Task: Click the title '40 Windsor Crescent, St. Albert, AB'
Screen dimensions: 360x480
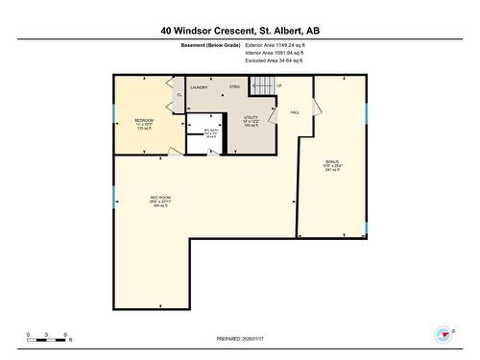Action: pos(240,31)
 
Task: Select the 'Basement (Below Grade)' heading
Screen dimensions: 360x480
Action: pos(210,45)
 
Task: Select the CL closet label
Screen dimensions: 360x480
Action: pos(180,95)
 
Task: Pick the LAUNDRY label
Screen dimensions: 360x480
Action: pos(199,87)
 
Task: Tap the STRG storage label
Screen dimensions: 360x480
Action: pos(234,87)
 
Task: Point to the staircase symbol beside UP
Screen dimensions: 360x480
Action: pos(263,86)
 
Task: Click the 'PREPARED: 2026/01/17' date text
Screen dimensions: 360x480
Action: pos(240,339)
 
